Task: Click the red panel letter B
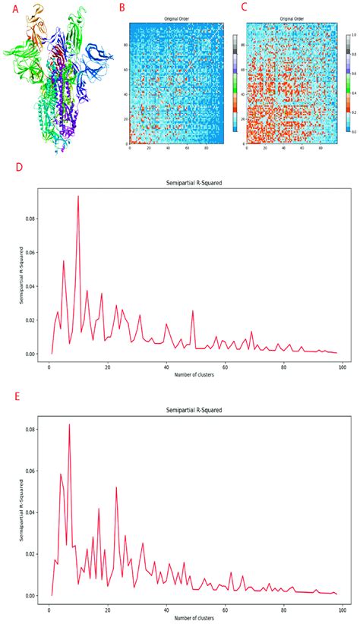tap(120, 8)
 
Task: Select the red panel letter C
tap(244, 8)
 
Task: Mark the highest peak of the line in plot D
tap(77, 196)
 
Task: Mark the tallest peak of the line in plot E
tap(69, 424)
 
